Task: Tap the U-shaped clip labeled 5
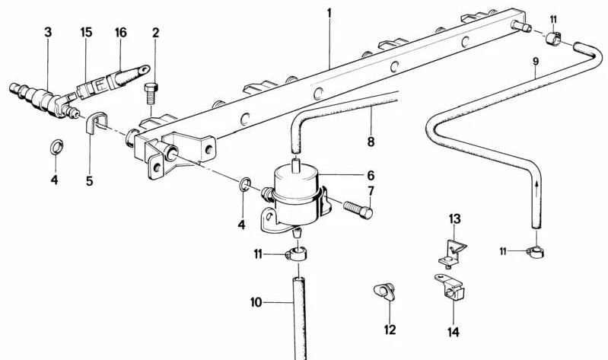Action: tap(94, 123)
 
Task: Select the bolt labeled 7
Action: tap(355, 207)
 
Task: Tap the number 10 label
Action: tap(256, 302)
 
